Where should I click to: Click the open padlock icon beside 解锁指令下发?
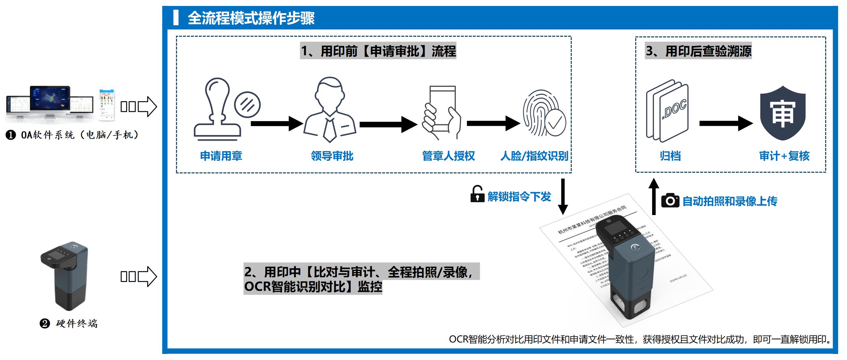[x=477, y=194]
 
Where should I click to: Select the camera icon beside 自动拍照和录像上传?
[x=670, y=201]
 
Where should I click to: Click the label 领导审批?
[x=332, y=156]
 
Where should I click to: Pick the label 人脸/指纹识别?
[x=534, y=156]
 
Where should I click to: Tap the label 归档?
[x=670, y=156]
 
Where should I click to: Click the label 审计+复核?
[x=784, y=156]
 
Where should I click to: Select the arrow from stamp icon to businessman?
[x=277, y=124]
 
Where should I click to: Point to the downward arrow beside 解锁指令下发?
[x=563, y=197]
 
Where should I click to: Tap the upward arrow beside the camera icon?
[x=653, y=197]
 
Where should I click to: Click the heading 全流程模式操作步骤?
[x=251, y=18]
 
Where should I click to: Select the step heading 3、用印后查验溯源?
[x=698, y=51]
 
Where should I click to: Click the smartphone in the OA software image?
[x=107, y=104]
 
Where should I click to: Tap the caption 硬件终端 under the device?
[x=76, y=323]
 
